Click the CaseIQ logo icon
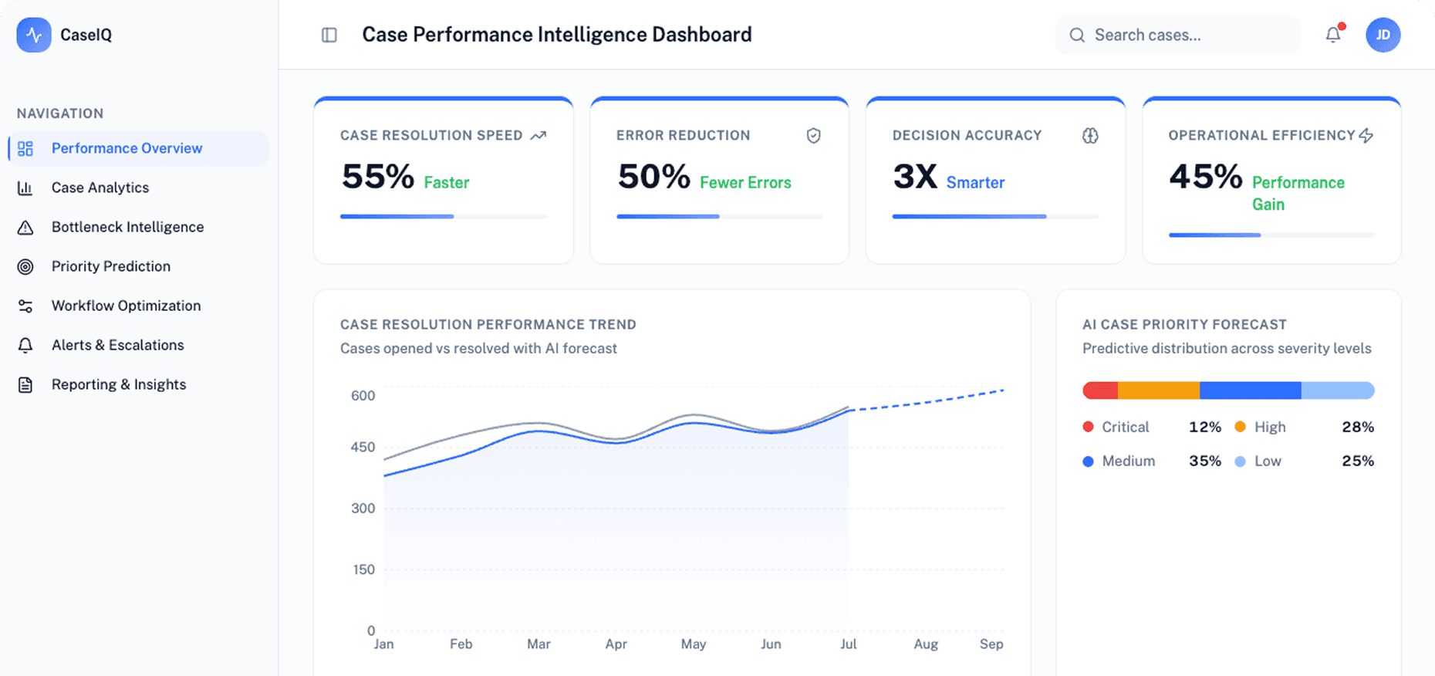click(x=34, y=35)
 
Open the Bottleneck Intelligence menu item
click(x=127, y=227)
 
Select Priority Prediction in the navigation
click(x=110, y=266)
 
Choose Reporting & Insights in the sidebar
click(x=118, y=384)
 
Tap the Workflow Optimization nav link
click(x=126, y=306)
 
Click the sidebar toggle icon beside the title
click(x=329, y=35)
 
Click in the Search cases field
click(x=1180, y=35)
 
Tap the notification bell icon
click(x=1333, y=35)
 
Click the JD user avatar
click(x=1383, y=35)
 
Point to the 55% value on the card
click(x=378, y=177)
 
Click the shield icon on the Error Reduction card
click(x=813, y=136)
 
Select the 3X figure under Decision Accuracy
click(x=914, y=177)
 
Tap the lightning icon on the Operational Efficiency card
click(x=1366, y=136)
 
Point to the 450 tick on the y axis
click(x=363, y=447)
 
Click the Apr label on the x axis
click(x=616, y=644)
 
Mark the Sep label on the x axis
click(x=991, y=644)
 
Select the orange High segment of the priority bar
click(x=1159, y=390)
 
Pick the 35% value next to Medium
click(x=1204, y=461)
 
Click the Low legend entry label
click(x=1268, y=461)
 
